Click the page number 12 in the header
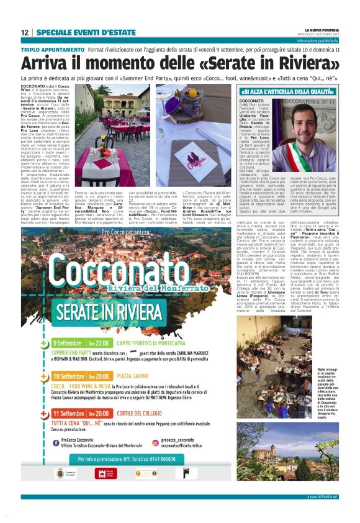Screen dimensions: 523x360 point(25,32)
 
